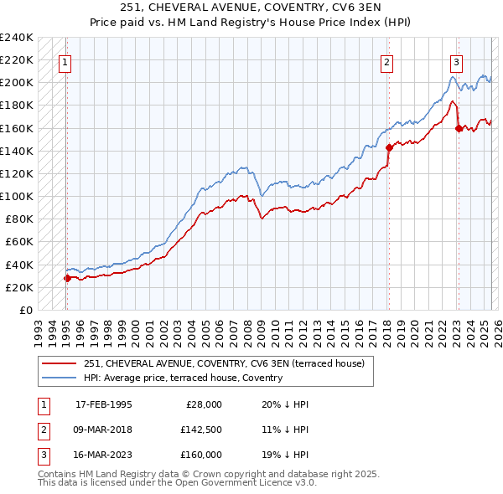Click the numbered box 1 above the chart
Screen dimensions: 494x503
[65, 61]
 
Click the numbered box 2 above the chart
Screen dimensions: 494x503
[386, 61]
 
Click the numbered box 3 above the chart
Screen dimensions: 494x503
[457, 61]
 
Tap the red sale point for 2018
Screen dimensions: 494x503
[389, 147]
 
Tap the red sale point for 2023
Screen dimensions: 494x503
[459, 128]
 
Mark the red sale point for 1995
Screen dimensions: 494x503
[67, 278]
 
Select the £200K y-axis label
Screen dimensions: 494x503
[17, 83]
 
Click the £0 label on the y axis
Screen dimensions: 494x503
[25, 310]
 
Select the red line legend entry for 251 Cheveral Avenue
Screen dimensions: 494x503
[224, 364]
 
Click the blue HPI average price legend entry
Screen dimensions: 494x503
[183, 378]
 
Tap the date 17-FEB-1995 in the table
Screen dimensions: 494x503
[103, 404]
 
